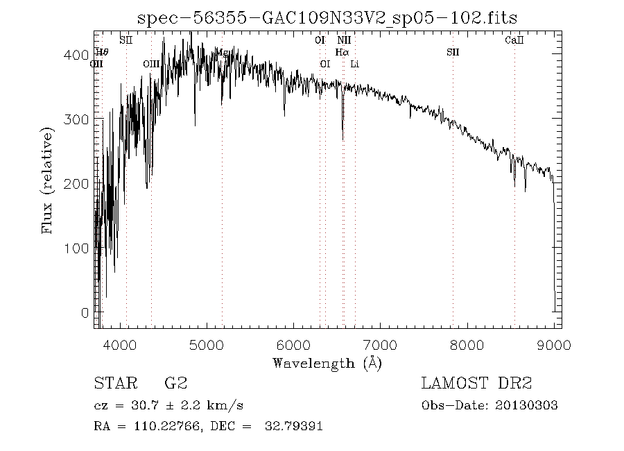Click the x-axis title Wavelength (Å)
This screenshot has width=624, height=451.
click(x=327, y=362)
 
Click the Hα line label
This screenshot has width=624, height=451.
click(x=342, y=52)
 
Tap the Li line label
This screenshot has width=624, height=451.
click(x=355, y=64)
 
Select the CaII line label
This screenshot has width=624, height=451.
click(x=514, y=40)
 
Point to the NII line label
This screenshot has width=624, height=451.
click(x=343, y=40)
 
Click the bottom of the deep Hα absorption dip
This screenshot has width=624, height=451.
click(x=343, y=139)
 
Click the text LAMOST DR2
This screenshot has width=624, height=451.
click(x=476, y=384)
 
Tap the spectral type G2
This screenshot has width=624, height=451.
click(x=175, y=384)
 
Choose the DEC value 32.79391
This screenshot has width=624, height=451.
click(x=293, y=427)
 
